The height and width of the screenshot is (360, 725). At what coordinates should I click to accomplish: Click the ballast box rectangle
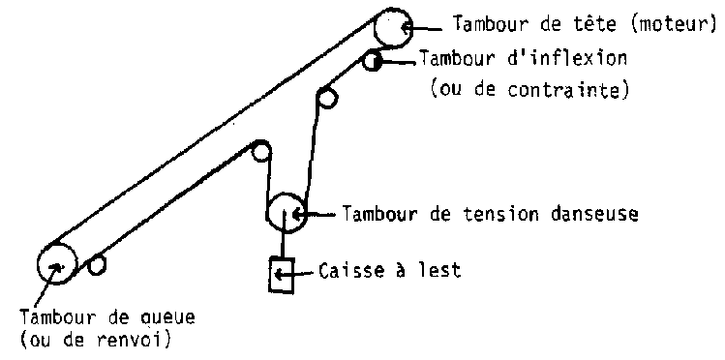[270, 275]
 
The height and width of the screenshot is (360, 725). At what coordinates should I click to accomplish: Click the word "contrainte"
[564, 90]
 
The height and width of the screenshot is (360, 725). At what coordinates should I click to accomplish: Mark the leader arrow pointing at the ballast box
[295, 275]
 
